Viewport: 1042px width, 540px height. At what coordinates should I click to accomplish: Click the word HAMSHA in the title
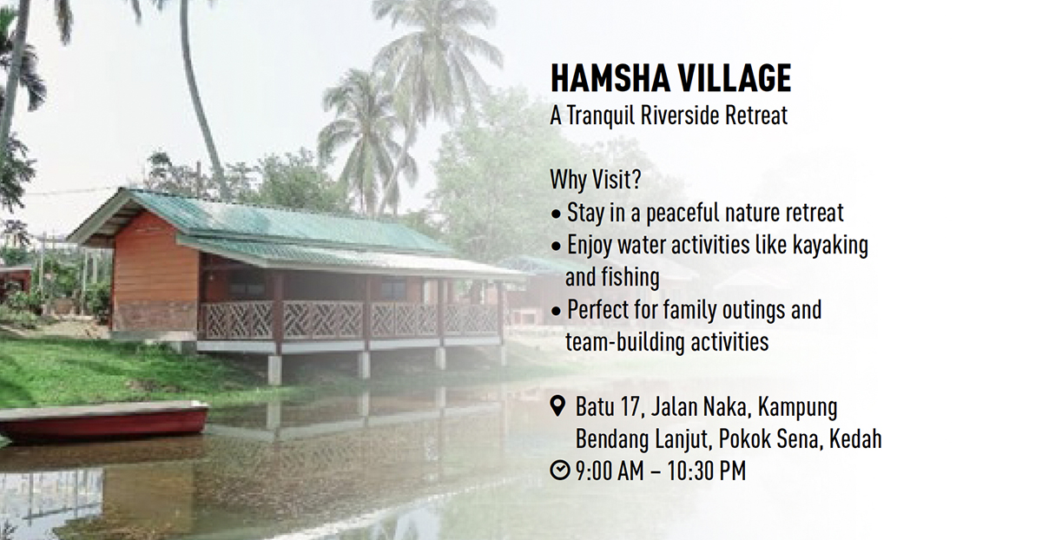click(x=609, y=77)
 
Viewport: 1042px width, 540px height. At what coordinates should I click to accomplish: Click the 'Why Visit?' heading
click(x=596, y=179)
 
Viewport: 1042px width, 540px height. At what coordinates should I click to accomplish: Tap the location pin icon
click(x=557, y=406)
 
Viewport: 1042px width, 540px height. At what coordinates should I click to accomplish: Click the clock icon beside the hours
click(x=559, y=470)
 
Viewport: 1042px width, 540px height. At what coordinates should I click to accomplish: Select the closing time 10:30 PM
click(x=706, y=471)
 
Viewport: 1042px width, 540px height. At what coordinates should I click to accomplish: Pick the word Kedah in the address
click(x=855, y=438)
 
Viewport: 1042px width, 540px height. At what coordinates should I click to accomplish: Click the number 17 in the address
click(x=632, y=407)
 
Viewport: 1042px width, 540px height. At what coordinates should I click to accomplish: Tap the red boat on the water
click(x=103, y=420)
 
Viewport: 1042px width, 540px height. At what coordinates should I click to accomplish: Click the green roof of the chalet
click(x=279, y=228)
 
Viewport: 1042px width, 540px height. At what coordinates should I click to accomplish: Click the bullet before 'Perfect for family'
click(x=556, y=311)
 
